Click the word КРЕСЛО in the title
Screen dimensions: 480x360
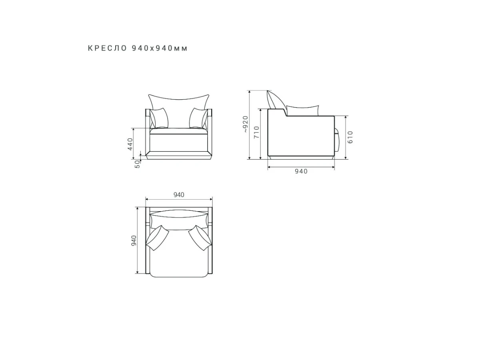107,48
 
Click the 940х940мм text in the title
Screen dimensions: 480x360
160,48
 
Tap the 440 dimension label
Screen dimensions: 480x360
130,144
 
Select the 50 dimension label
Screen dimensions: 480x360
137,164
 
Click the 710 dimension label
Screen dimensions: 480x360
256,132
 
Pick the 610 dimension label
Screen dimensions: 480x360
350,137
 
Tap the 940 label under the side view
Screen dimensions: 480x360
301,171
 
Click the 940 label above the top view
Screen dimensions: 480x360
179,194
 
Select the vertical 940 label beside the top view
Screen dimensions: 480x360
134,240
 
